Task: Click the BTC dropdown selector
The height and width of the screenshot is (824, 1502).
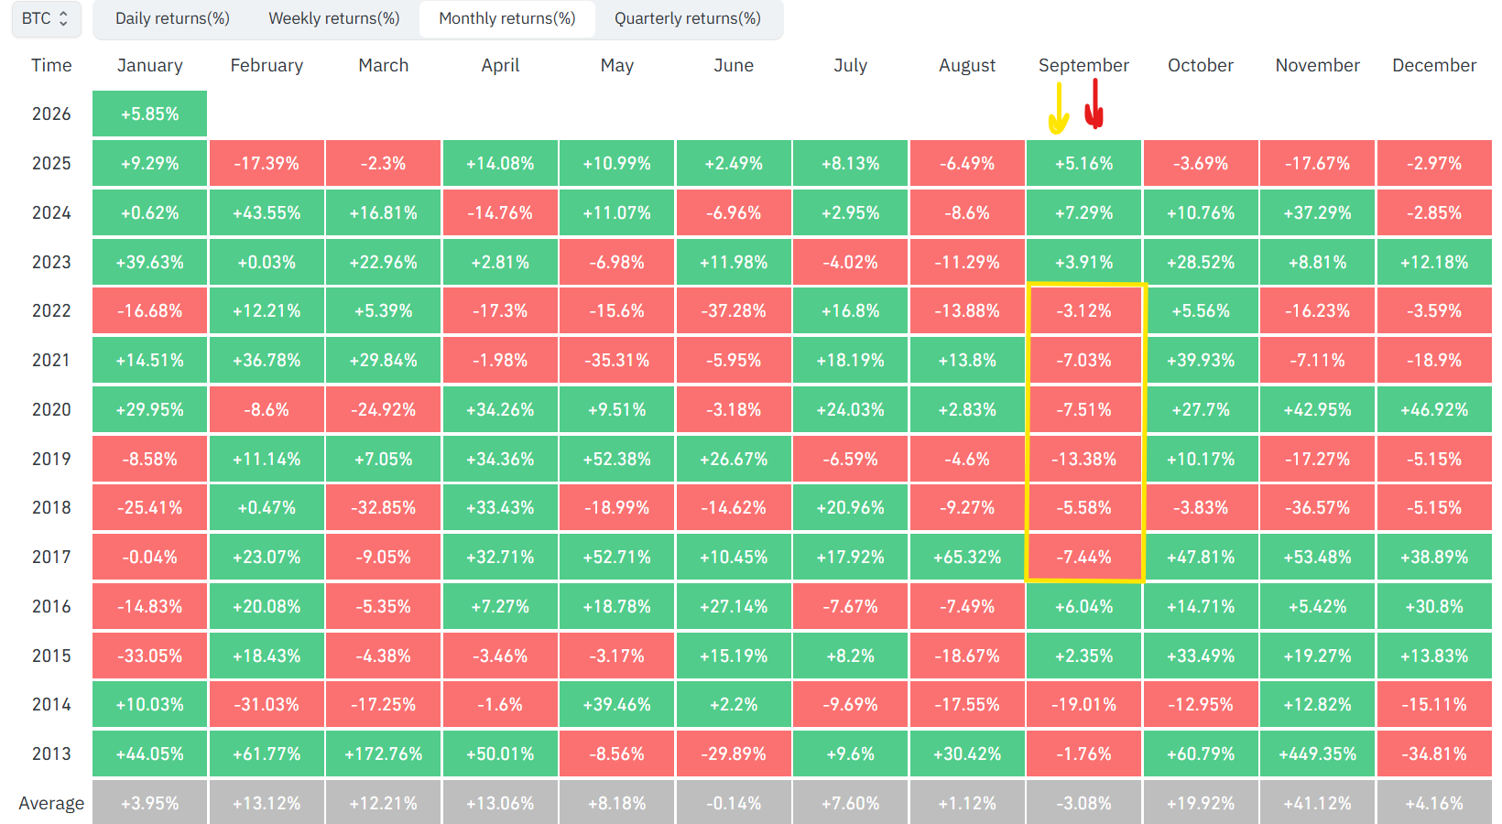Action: click(x=46, y=18)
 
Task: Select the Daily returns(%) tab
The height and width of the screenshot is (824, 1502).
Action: click(x=172, y=18)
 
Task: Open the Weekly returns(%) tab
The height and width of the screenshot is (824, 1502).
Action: click(x=334, y=18)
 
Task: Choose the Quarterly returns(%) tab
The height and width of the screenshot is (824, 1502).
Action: click(x=687, y=18)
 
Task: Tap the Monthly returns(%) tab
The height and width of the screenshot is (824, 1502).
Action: click(x=507, y=18)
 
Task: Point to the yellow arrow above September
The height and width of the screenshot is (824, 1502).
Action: click(x=1059, y=107)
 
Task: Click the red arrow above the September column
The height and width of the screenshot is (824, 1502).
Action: click(x=1094, y=104)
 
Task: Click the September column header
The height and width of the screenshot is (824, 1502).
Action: click(x=1083, y=65)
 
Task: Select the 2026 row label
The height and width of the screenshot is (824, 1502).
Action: click(x=51, y=114)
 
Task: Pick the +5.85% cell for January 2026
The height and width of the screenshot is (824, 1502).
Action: click(x=149, y=114)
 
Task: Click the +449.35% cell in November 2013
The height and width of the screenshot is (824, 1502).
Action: click(x=1317, y=754)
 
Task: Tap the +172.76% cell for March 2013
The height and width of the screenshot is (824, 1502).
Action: click(x=383, y=754)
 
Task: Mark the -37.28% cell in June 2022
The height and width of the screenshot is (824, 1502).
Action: click(x=734, y=311)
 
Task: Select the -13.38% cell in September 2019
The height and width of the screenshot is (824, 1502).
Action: click(x=1083, y=460)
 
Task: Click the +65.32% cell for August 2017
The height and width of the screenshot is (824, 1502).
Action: click(x=967, y=558)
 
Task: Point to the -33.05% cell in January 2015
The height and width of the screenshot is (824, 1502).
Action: click(x=149, y=656)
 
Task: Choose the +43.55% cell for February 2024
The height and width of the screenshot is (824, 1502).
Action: click(x=267, y=213)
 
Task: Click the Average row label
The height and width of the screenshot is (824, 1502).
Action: click(x=51, y=803)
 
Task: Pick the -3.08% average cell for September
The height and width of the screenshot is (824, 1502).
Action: click(x=1083, y=803)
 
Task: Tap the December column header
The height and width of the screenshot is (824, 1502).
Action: click(x=1434, y=65)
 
